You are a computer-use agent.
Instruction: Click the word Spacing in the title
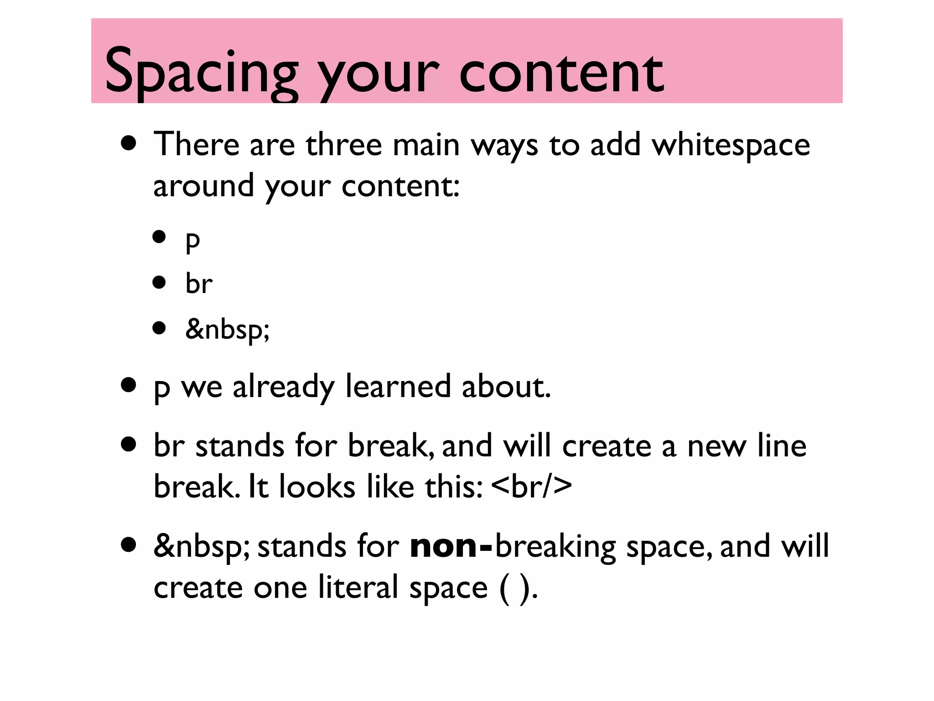(201, 73)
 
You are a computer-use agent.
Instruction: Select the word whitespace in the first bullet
(731, 145)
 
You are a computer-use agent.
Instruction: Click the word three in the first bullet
(343, 145)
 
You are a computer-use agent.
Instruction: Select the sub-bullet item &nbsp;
(227, 329)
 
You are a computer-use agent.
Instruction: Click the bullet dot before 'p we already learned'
(129, 385)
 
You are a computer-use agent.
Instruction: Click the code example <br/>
(532, 486)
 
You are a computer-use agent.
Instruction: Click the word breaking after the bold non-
(555, 546)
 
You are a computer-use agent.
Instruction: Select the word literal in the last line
(358, 587)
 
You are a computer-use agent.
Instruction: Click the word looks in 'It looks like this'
(317, 487)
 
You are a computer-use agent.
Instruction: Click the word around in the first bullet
(203, 186)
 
